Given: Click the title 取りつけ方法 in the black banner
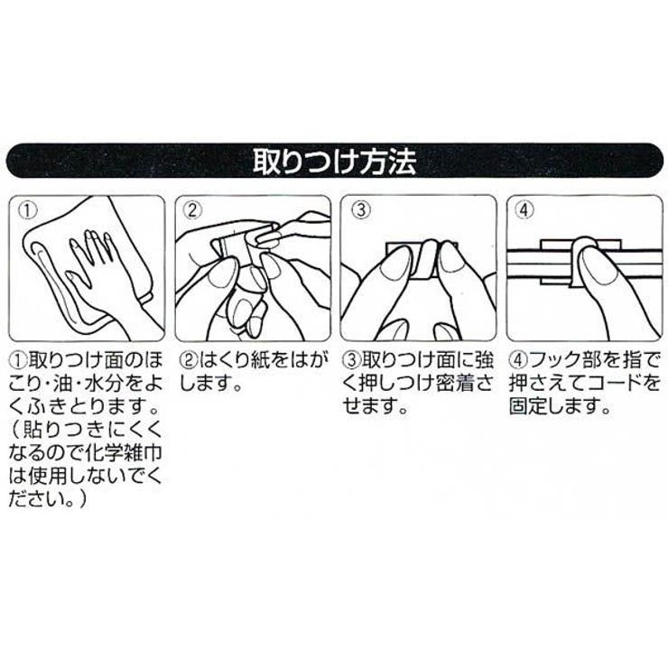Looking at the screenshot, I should pyautogui.click(x=333, y=165).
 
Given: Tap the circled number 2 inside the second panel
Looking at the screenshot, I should pyautogui.click(x=192, y=209).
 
